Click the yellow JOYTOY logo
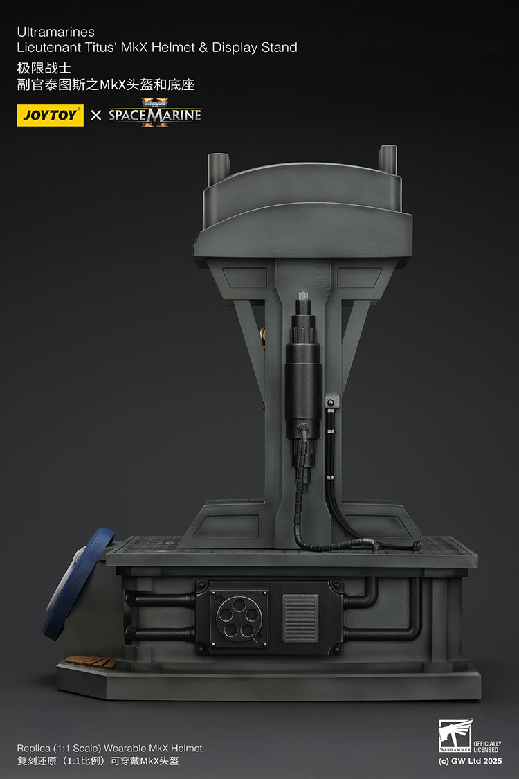(50, 115)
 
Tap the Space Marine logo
(155, 114)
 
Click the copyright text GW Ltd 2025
(470, 760)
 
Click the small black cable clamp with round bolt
(331, 403)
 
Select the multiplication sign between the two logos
(96, 115)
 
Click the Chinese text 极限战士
(44, 69)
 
